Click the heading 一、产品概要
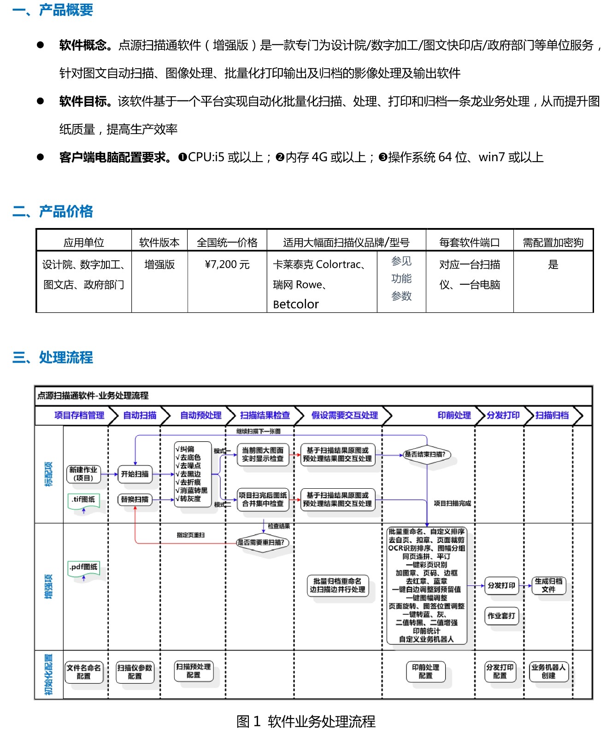tap(53, 10)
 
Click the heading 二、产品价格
tap(53, 211)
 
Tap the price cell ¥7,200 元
tap(227, 264)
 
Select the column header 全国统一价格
tap(227, 242)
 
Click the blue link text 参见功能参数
tap(401, 279)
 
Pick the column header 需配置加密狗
tap(553, 242)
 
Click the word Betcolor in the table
tap(296, 304)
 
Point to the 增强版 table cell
tap(159, 264)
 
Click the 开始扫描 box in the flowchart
tap(135, 474)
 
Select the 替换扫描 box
tap(135, 499)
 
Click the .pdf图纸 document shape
tap(83, 567)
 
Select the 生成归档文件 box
tap(548, 585)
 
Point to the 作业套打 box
tap(501, 616)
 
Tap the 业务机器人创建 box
tap(548, 672)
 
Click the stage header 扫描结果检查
tap(265, 415)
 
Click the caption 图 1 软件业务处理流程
tap(306, 721)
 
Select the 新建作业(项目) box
tap(83, 474)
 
